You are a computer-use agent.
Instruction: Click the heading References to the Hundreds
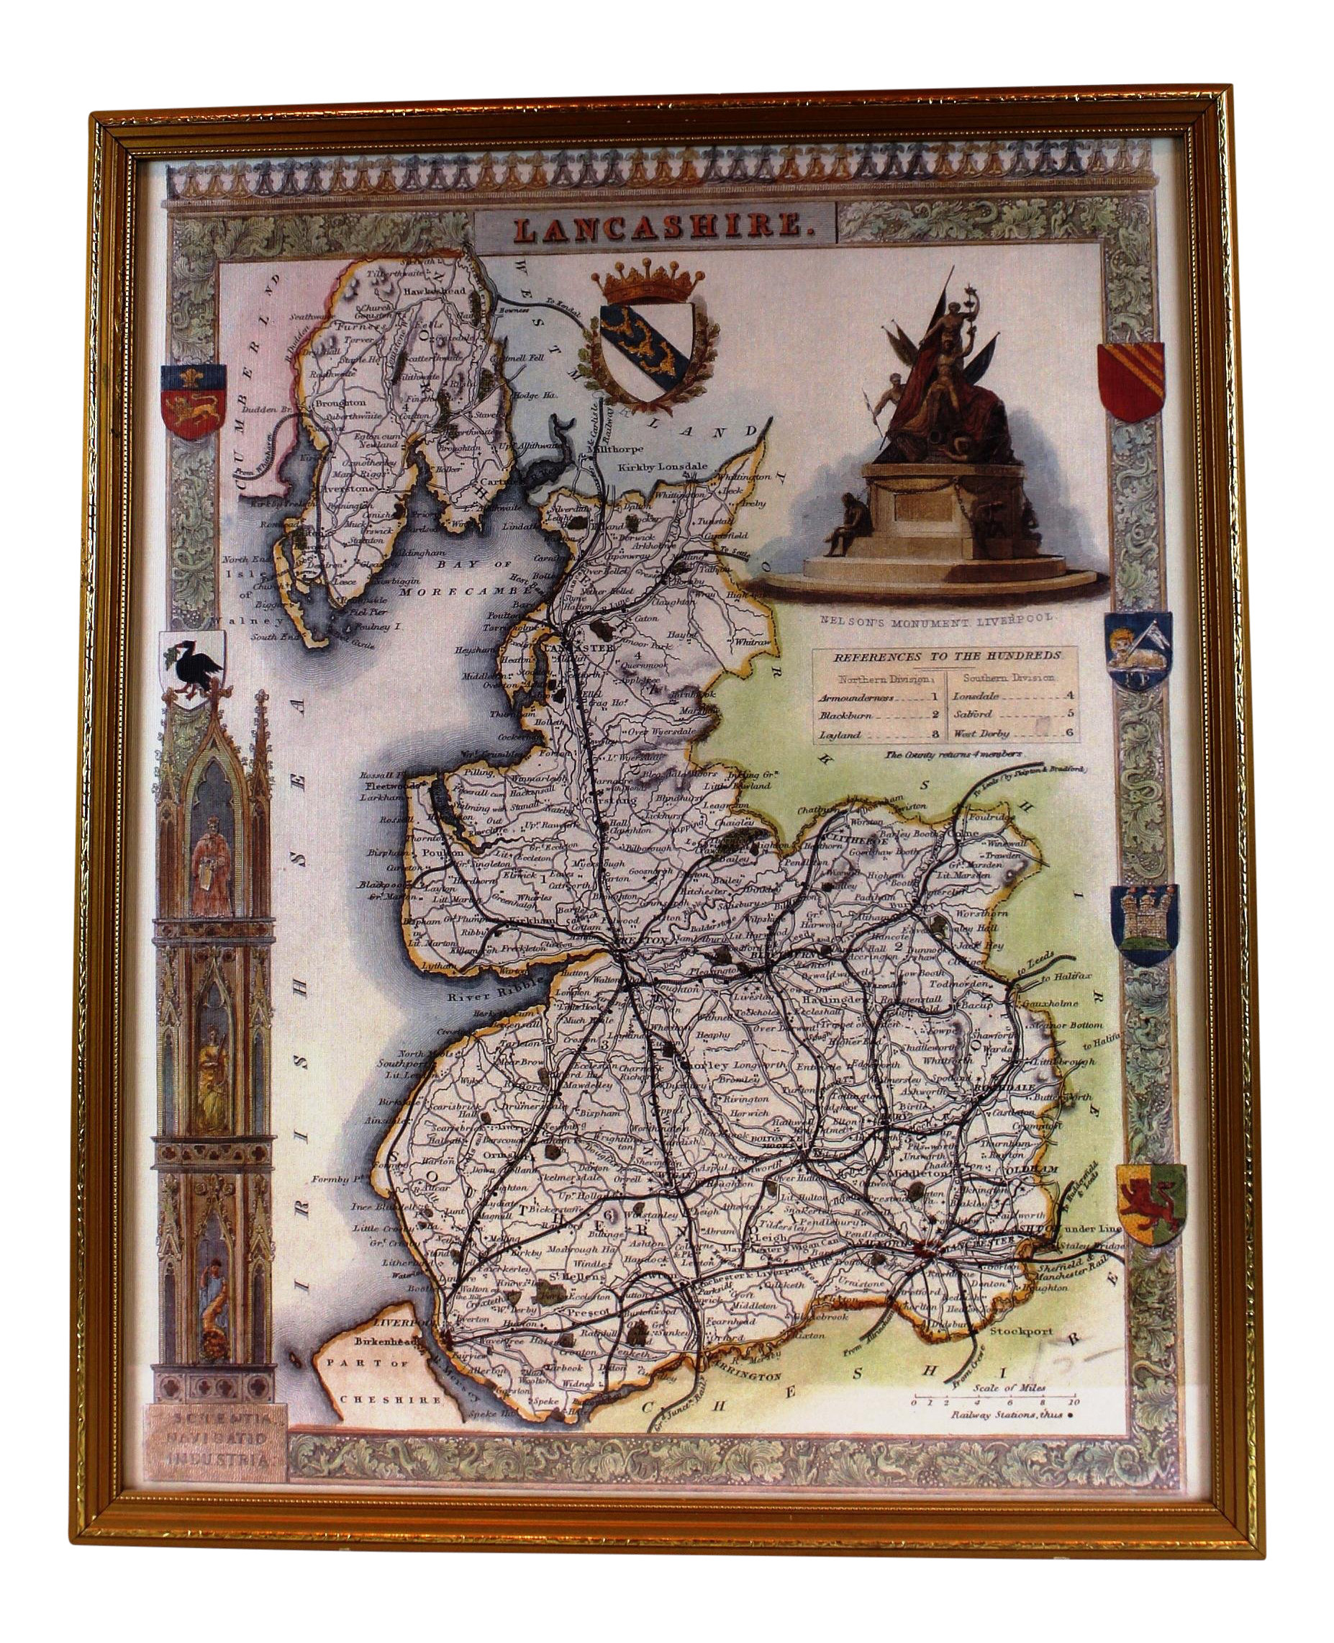click(x=945, y=656)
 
